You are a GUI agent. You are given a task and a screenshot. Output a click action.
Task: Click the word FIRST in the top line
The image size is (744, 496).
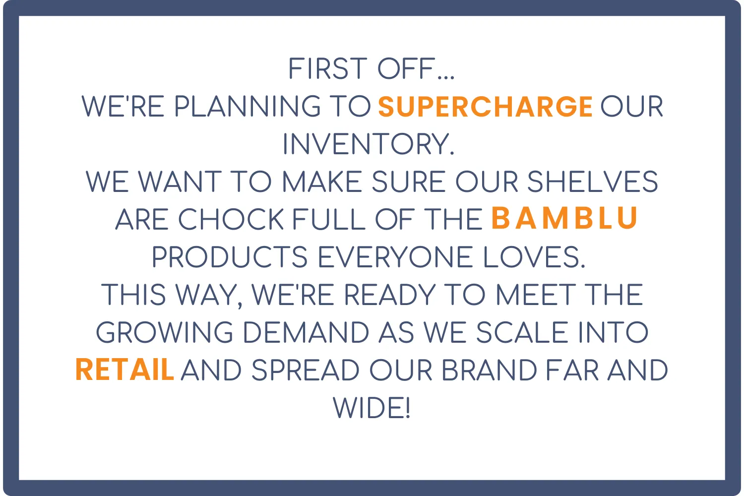[328, 68]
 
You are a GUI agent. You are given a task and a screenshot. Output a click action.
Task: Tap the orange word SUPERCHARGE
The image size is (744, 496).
[485, 106]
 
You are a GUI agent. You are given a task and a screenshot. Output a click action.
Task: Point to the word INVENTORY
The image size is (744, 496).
[369, 144]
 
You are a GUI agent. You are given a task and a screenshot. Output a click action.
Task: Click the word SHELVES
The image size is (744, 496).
[593, 182]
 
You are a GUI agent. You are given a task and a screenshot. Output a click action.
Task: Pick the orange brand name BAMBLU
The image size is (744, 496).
[564, 218]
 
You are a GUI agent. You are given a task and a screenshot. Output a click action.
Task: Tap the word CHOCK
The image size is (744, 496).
[231, 219]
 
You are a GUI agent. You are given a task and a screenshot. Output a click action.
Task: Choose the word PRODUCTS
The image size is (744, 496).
[230, 257]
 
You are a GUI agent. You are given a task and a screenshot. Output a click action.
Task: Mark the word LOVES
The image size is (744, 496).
[534, 257]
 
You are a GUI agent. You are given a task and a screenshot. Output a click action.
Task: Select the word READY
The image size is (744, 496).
[389, 295]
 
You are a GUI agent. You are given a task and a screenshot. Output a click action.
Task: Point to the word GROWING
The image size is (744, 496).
[164, 332]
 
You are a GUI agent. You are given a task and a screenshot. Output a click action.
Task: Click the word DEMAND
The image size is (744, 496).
[306, 332]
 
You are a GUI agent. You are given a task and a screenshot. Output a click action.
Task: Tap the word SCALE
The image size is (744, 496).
[522, 332]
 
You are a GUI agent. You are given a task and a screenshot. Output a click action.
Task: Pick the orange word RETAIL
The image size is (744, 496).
[124, 370]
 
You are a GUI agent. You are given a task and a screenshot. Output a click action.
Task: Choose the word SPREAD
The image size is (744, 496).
[306, 370]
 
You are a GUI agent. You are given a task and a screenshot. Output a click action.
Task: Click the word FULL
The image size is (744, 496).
[329, 219]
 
